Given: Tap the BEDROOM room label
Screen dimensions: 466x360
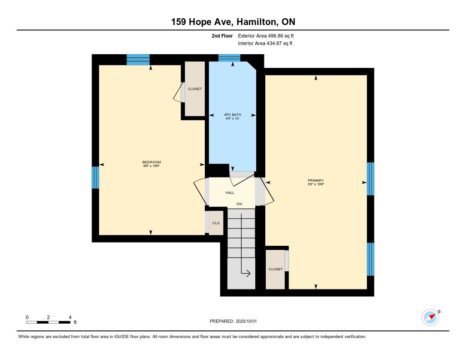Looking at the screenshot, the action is [152, 162].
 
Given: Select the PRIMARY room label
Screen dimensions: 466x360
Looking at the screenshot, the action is [316, 180].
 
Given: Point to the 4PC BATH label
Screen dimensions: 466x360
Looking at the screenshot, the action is [233, 114].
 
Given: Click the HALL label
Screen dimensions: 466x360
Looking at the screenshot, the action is [230, 193].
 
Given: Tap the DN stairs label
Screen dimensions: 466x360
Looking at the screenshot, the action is [239, 204].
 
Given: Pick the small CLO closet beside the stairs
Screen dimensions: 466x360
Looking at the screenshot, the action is [216, 223].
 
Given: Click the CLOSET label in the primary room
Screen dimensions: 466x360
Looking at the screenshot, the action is [275, 269].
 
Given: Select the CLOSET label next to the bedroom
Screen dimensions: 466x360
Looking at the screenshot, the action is [195, 89].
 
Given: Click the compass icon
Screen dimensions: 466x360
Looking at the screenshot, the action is [431, 318].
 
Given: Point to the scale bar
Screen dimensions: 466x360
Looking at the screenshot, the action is [48, 322].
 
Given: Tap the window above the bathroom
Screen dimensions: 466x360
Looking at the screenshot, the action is [229, 58].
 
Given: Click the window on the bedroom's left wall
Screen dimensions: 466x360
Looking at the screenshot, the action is [95, 177].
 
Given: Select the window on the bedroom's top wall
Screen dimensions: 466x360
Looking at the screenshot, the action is [138, 60].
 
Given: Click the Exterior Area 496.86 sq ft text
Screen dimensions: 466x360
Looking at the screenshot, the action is [266, 36].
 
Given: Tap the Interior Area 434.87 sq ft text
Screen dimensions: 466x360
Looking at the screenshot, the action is [265, 43].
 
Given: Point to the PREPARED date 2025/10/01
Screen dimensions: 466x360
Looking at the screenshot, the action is [233, 321].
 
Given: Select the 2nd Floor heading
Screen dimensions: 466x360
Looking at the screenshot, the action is [222, 36].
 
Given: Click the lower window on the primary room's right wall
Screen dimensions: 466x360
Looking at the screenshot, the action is [370, 259].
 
